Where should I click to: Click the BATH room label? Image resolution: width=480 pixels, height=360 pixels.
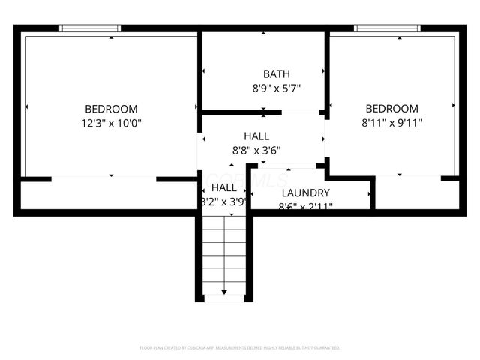pos(263,73)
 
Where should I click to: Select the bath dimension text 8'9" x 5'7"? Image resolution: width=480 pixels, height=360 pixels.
pos(263,88)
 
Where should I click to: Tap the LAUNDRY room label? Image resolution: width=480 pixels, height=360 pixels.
pos(305,193)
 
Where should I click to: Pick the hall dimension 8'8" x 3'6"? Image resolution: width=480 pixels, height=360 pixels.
pos(256,149)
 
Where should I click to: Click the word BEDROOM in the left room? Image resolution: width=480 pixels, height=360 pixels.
pos(111,108)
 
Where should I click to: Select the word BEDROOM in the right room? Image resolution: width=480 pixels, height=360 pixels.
pos(391,108)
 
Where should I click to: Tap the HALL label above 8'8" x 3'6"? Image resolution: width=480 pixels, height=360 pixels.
pos(256,136)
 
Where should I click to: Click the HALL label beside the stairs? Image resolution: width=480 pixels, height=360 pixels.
pos(223,187)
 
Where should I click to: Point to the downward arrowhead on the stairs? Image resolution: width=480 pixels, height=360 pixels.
pos(224,291)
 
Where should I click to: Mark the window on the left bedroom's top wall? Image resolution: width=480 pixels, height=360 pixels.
pos(90,28)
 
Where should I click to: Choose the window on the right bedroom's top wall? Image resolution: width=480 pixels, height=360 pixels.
pos(385,28)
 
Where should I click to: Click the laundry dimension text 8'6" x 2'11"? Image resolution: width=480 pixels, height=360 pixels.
pos(306,206)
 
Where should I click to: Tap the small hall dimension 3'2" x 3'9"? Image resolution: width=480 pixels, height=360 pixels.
pos(223,202)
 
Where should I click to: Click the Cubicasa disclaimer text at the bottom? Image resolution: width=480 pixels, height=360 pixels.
pos(240,348)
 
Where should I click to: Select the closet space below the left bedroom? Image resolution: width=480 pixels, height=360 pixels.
pos(109,195)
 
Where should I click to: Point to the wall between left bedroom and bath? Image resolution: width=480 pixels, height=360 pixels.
pos(200,71)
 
